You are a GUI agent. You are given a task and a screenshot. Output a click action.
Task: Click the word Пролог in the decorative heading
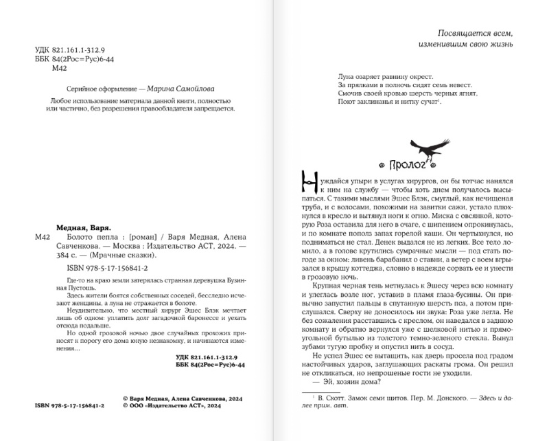409,167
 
